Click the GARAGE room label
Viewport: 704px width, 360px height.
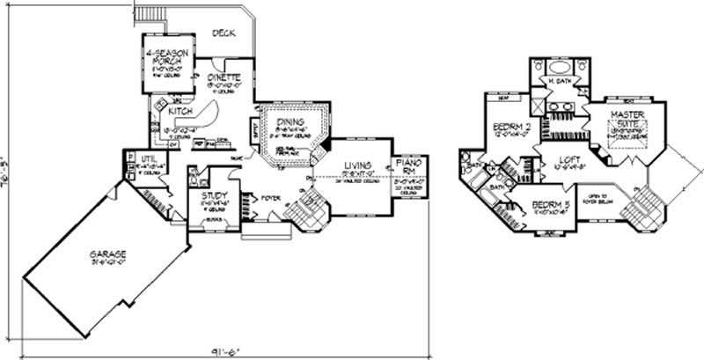coord(106,255)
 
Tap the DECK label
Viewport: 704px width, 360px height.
coord(223,33)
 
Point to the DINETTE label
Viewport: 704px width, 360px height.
coord(224,77)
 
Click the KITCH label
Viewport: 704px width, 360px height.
coord(180,113)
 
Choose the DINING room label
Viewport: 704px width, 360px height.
coord(290,122)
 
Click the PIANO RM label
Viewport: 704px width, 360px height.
coord(409,167)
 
